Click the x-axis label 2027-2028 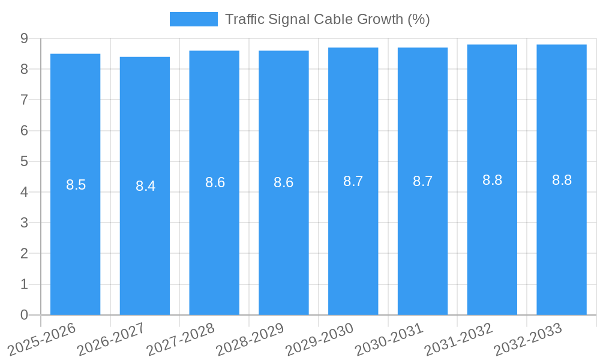tap(181, 340)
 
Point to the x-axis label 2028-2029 tap(250, 340)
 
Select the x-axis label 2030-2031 tap(389, 340)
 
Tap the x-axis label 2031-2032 tap(458, 340)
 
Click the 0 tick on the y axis tap(24, 315)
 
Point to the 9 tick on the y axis tap(24, 38)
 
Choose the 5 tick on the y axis tap(24, 161)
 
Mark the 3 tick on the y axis tap(24, 223)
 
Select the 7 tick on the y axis tap(24, 100)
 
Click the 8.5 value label tap(76, 185)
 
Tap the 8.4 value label tap(145, 186)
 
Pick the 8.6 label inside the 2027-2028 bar tap(215, 182)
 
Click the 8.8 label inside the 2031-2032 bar tap(492, 180)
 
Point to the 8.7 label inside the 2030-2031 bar tap(422, 181)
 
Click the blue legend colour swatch tap(193, 19)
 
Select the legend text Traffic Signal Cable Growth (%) tap(327, 19)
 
